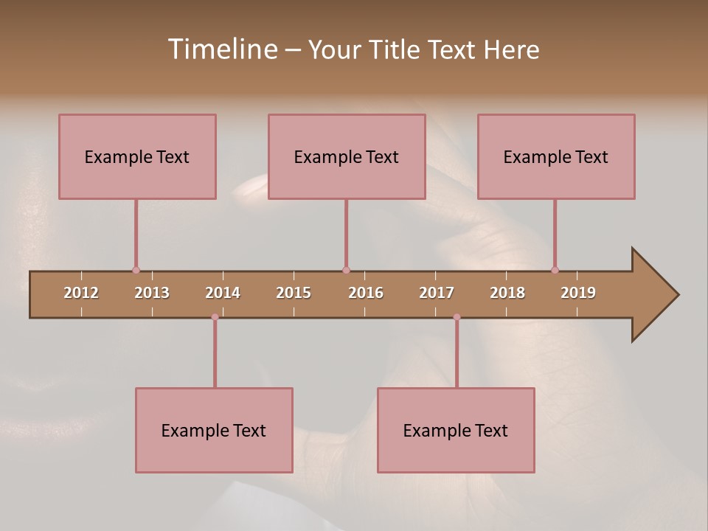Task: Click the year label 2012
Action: pyautogui.click(x=81, y=293)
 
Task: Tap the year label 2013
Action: pyautogui.click(x=152, y=293)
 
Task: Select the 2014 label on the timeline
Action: pyautogui.click(x=223, y=293)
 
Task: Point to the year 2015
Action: pyautogui.click(x=294, y=293)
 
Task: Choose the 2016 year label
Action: pyautogui.click(x=366, y=293)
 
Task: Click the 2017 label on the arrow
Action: pyautogui.click(x=437, y=293)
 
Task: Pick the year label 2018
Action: pyautogui.click(x=507, y=293)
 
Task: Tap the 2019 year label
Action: pyautogui.click(x=578, y=293)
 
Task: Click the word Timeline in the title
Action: pyautogui.click(x=222, y=49)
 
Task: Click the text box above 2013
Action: pyautogui.click(x=137, y=156)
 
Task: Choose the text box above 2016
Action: pyautogui.click(x=347, y=156)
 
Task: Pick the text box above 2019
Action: pyautogui.click(x=556, y=156)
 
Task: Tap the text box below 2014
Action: pyautogui.click(x=214, y=430)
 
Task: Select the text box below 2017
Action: pyautogui.click(x=456, y=430)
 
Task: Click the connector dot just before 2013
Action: pyautogui.click(x=136, y=271)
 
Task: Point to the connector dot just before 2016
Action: pyautogui.click(x=346, y=271)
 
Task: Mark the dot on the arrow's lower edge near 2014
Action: pyautogui.click(x=215, y=317)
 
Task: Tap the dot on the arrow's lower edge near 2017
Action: pyautogui.click(x=457, y=317)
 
